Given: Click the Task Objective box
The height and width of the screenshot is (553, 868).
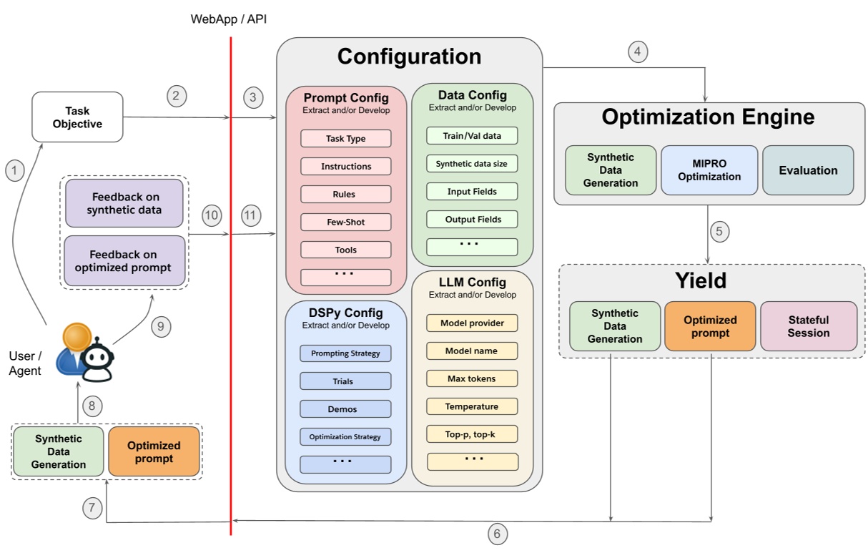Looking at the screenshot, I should (77, 117).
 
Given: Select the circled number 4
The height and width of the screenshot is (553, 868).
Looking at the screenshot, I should (638, 52).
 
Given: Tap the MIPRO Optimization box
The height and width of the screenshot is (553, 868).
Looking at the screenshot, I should (709, 170).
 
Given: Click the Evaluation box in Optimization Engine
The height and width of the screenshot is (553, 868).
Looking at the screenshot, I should (808, 170).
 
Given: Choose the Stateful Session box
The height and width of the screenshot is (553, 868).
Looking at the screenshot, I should (808, 326).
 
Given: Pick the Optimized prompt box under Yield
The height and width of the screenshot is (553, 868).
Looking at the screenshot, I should (709, 326).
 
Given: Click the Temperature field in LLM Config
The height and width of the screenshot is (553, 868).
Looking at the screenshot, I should (472, 406).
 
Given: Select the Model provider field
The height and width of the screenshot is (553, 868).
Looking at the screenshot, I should (472, 323).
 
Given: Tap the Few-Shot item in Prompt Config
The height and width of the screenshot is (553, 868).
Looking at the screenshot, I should (345, 222).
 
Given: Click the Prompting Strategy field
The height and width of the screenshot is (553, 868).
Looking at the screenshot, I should (345, 353).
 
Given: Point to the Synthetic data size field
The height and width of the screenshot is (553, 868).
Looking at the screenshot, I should (471, 163).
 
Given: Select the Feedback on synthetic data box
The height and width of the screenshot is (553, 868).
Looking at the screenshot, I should (124, 203).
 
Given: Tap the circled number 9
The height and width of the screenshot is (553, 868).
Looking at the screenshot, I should (162, 327).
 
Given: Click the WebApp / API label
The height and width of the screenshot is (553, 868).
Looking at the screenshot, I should (228, 19).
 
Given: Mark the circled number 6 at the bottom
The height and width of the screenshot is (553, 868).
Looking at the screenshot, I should (498, 533).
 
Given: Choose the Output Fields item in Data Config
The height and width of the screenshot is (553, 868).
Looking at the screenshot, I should (472, 219).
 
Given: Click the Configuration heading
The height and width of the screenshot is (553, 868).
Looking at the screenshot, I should (409, 57).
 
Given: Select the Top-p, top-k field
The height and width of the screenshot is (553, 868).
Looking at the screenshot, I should (472, 434).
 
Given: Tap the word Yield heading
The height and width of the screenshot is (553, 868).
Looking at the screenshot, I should (700, 281).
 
